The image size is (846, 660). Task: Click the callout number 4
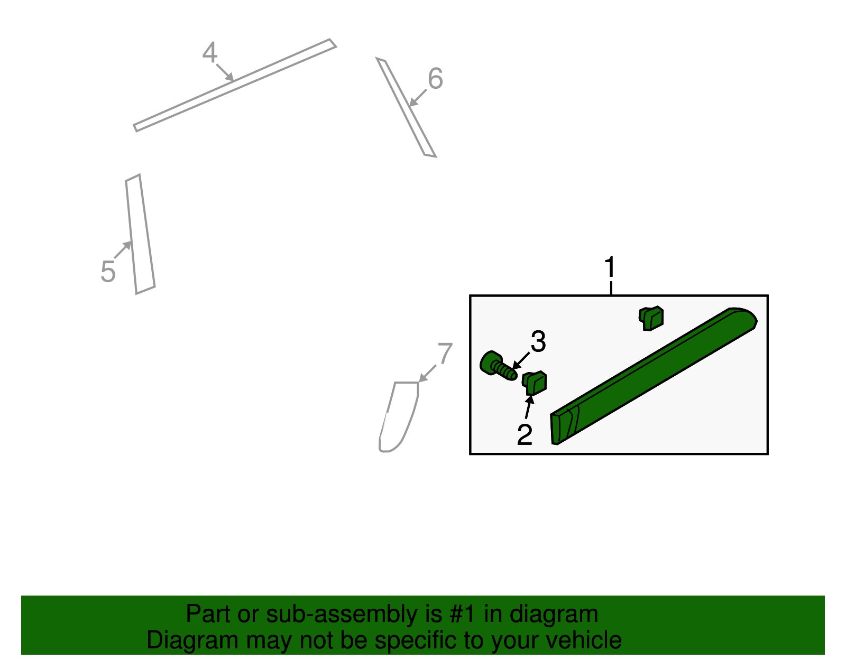click(x=210, y=52)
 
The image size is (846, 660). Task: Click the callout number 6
click(x=435, y=78)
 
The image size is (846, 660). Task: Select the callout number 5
click(x=108, y=271)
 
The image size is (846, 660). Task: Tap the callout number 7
click(x=445, y=353)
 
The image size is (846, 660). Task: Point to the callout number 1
click(x=610, y=267)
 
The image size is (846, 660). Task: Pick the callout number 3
click(x=538, y=341)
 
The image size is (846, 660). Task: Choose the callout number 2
click(x=525, y=434)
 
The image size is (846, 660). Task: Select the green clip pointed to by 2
click(x=534, y=383)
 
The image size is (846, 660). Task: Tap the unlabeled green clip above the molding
click(x=651, y=318)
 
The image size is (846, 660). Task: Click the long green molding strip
click(x=654, y=376)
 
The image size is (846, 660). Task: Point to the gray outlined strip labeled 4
click(x=235, y=85)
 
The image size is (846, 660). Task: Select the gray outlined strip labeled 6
click(x=406, y=107)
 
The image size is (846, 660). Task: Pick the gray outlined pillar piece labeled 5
click(x=140, y=234)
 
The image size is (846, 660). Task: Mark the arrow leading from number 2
click(x=528, y=406)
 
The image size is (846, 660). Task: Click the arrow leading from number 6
click(x=417, y=98)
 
